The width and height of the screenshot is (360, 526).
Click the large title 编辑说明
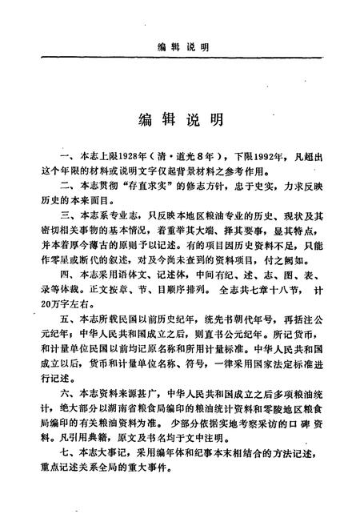tap(179, 120)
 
